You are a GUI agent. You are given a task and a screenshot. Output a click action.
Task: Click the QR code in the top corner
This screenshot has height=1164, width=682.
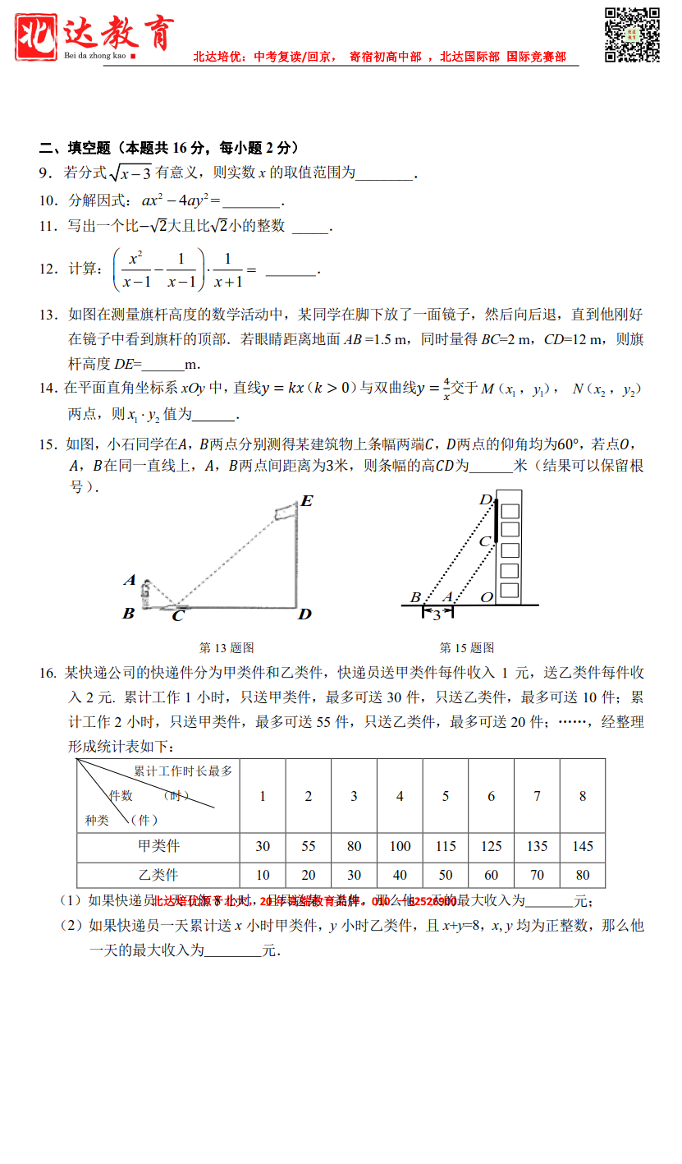pos(632,35)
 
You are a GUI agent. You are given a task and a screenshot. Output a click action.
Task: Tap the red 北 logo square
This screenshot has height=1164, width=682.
pos(37,37)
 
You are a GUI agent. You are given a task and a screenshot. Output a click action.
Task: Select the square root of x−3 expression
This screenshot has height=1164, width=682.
pos(131,173)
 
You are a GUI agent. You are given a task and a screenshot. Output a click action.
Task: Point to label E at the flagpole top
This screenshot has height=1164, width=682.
pos(307,500)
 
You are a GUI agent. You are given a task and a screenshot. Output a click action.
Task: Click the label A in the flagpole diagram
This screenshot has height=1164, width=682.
pos(130,580)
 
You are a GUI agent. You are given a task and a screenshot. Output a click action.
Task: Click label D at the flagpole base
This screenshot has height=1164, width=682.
pos(304,614)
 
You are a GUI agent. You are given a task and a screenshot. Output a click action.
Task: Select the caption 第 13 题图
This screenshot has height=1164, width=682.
pos(227,647)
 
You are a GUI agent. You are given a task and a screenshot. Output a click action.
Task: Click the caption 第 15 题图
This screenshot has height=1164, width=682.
pos(466,647)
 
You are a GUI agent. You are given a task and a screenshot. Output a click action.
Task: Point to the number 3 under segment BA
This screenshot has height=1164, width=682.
pos(437,614)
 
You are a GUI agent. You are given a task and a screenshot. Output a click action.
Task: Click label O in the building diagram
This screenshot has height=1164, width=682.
pos(486,597)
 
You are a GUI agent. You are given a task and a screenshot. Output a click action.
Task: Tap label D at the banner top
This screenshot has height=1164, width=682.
pos(485,500)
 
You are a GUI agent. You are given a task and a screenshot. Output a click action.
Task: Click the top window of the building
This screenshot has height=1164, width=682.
pos(510,510)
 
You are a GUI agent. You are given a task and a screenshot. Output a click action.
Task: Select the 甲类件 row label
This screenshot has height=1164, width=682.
pos(158,846)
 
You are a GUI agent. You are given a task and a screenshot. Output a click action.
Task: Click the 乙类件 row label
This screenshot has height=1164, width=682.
pos(158,875)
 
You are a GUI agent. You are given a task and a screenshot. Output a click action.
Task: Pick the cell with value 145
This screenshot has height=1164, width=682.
pos(583,846)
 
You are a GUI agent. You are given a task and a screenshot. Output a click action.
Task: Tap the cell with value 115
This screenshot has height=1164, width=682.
pos(446,846)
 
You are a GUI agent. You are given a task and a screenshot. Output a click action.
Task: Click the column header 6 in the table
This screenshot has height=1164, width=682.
pos(492,796)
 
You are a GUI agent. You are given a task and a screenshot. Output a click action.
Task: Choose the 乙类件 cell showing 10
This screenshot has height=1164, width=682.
pos(263,875)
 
